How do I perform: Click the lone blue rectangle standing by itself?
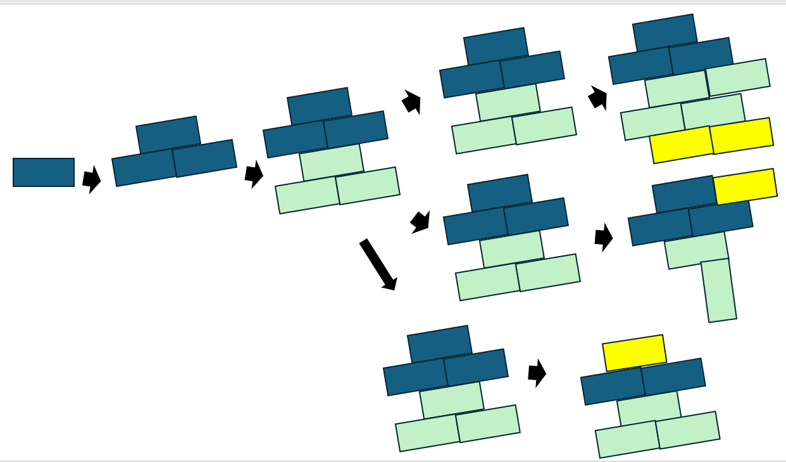(x=44, y=172)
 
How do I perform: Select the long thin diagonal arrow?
(x=378, y=264)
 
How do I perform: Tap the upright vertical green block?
(x=718, y=290)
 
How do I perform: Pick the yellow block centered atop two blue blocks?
(x=634, y=352)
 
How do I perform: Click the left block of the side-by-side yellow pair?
(x=682, y=144)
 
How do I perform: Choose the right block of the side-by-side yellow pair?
(x=742, y=136)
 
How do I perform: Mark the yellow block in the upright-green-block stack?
(x=745, y=186)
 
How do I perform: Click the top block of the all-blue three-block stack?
(x=168, y=134)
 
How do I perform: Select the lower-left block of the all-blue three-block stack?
(x=144, y=168)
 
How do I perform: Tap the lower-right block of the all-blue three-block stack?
(x=204, y=158)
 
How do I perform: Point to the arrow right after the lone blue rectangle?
(x=92, y=179)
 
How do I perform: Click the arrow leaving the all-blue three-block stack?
(x=254, y=174)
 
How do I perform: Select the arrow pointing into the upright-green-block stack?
(x=604, y=238)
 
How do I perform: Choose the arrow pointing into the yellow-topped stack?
(x=537, y=373)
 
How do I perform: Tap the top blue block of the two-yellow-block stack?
(x=664, y=32)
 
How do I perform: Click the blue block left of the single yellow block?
(x=683, y=194)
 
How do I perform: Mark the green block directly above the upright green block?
(x=696, y=250)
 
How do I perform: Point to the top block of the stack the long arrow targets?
(x=439, y=344)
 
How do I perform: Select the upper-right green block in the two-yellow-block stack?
(x=737, y=77)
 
